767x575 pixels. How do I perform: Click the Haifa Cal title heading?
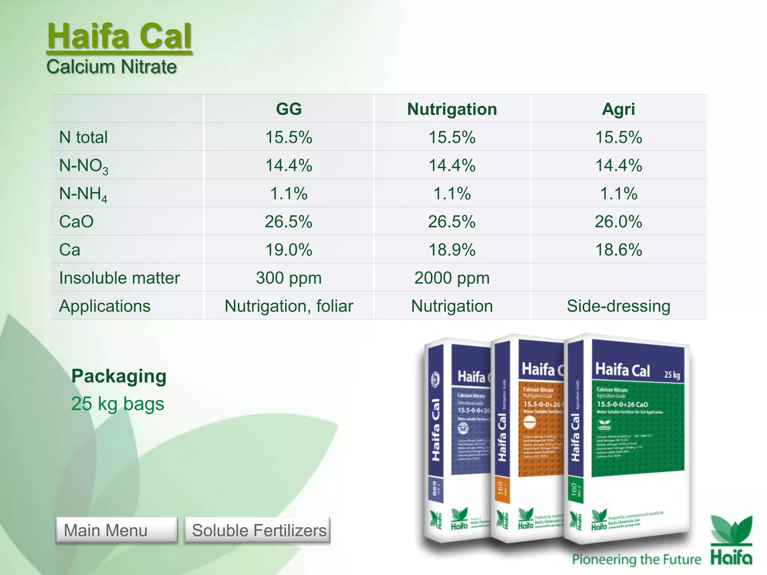(119, 36)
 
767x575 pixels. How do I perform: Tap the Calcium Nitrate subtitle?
(112, 67)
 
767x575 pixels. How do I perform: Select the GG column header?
(289, 109)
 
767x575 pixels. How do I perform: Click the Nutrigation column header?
(452, 109)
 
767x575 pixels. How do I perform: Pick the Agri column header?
(618, 109)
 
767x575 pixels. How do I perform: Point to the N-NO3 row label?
(84, 165)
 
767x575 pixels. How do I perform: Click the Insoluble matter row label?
(119, 278)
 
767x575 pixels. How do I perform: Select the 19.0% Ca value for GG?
(289, 250)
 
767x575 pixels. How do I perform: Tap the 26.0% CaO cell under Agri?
(618, 222)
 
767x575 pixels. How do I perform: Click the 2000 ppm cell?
(452, 278)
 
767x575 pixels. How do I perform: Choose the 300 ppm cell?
(289, 278)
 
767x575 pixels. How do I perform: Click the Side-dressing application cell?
(618, 306)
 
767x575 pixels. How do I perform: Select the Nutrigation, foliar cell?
(289, 306)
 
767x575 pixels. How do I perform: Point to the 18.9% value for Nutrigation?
(452, 250)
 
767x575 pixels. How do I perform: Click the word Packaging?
(119, 376)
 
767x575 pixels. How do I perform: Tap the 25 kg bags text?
(118, 404)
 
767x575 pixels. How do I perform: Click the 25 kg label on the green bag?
(672, 374)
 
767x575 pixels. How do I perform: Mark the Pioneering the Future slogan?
(636, 559)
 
